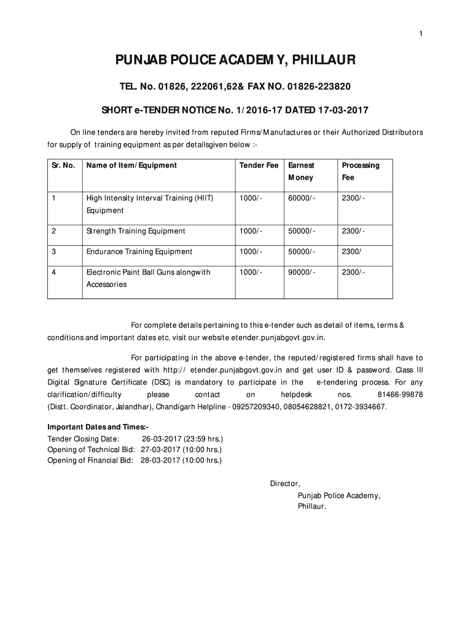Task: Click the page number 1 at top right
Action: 421,33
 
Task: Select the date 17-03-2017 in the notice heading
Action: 342,111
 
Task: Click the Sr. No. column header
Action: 64,165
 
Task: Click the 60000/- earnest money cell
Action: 301,198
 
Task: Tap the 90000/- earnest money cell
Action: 301,272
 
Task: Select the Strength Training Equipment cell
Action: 136,231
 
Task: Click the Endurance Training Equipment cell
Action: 139,251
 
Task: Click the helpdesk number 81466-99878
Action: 402,394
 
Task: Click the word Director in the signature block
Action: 284,483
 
